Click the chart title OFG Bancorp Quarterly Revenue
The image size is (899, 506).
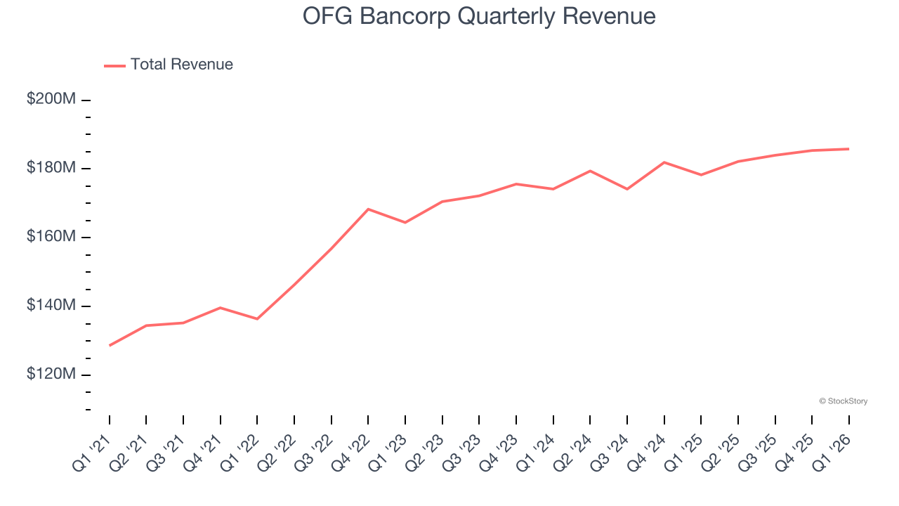(x=479, y=16)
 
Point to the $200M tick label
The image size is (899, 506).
(x=51, y=99)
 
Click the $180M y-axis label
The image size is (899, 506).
(x=51, y=168)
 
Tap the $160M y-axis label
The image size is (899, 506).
(x=51, y=237)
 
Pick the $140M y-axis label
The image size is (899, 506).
(x=51, y=306)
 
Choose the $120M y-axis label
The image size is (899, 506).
(x=51, y=375)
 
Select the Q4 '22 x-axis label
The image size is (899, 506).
(x=352, y=452)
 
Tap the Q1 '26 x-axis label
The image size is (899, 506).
(x=832, y=452)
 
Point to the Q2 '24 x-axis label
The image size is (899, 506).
(x=574, y=452)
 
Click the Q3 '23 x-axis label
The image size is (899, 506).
(x=463, y=452)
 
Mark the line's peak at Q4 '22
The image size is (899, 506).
(x=368, y=209)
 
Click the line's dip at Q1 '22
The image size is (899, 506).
(x=257, y=319)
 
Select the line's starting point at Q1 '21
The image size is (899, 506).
(x=110, y=346)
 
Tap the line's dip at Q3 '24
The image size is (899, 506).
(x=626, y=189)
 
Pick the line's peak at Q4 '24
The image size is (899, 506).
(x=664, y=162)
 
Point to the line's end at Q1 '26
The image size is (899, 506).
(x=848, y=149)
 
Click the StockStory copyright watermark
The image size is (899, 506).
(x=843, y=401)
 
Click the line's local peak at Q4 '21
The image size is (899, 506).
(x=221, y=308)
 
